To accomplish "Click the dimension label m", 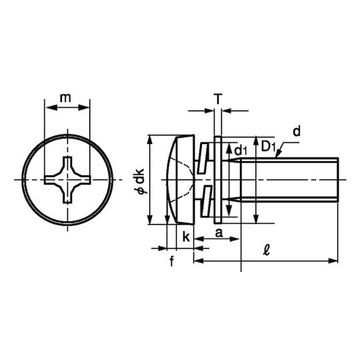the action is point(65,98).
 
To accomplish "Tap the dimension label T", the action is point(218,99).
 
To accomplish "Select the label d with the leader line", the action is point(297,131).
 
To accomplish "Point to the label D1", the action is point(268,147).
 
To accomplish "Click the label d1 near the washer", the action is point(241,151).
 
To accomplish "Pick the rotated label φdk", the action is point(139,181).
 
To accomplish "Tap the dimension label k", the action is point(186,237).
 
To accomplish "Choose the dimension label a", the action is point(219,233).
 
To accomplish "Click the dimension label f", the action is point(172,261).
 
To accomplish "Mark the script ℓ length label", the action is point(266,250).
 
